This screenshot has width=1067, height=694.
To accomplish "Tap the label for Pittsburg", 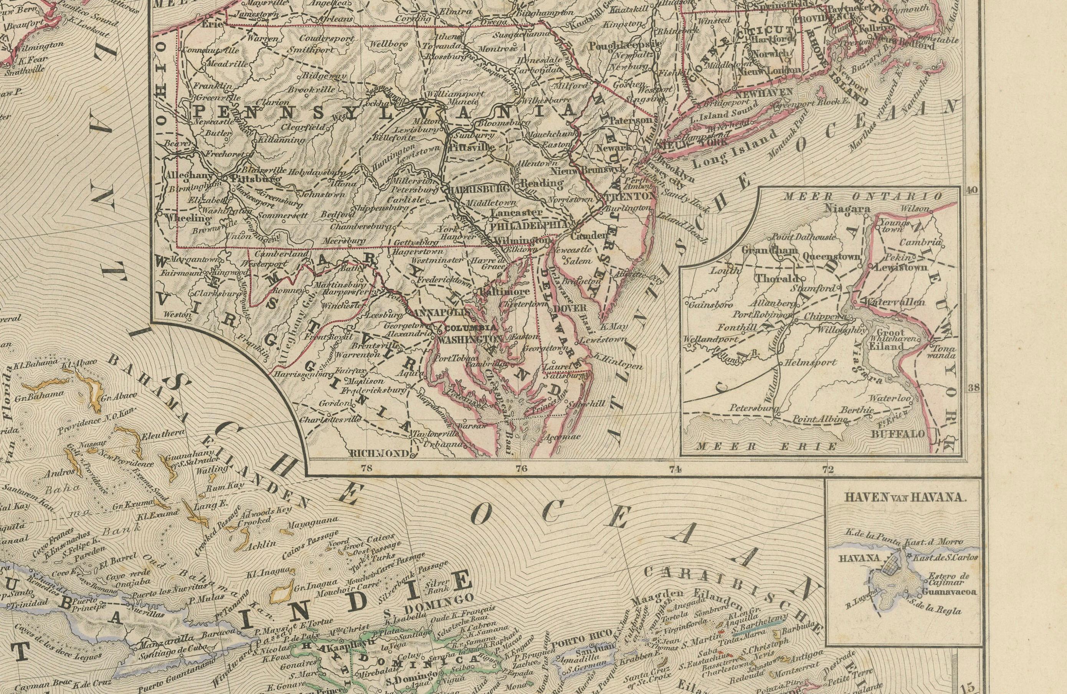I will coord(254,178).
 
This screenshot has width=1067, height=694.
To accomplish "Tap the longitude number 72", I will coord(828,469).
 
